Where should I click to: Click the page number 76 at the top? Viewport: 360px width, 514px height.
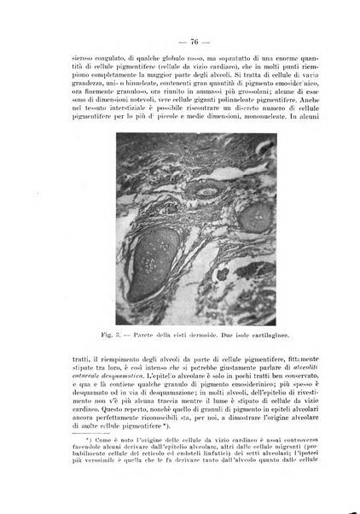tap(180, 40)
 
